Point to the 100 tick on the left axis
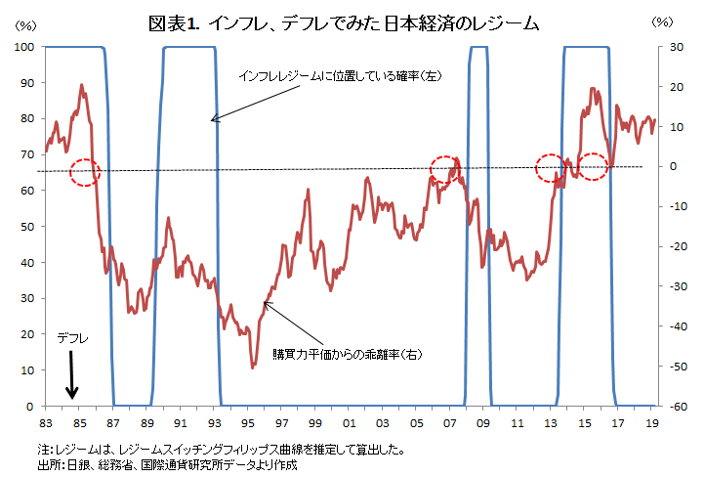click(26, 46)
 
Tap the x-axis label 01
click(350, 424)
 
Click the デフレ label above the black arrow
click(72, 338)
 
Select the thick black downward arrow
click(71, 376)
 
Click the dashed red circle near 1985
click(84, 171)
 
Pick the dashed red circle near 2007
click(444, 167)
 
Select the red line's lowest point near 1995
click(253, 367)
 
